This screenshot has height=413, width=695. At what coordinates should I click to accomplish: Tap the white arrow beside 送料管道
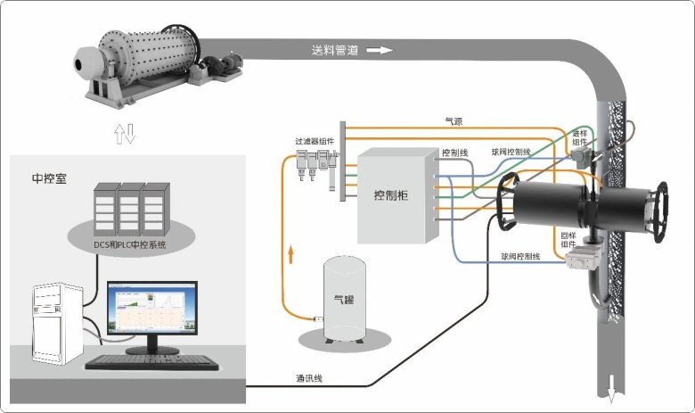click(x=379, y=51)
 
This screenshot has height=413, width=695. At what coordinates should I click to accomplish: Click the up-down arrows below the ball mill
click(x=125, y=134)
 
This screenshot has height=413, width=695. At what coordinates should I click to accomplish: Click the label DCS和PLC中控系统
click(x=130, y=243)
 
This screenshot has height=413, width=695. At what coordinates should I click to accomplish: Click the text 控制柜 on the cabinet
click(x=396, y=196)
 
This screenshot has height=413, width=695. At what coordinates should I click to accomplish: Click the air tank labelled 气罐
click(x=342, y=301)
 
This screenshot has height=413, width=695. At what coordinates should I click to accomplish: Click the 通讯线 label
click(x=309, y=378)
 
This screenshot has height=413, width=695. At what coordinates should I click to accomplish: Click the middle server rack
click(x=130, y=207)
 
